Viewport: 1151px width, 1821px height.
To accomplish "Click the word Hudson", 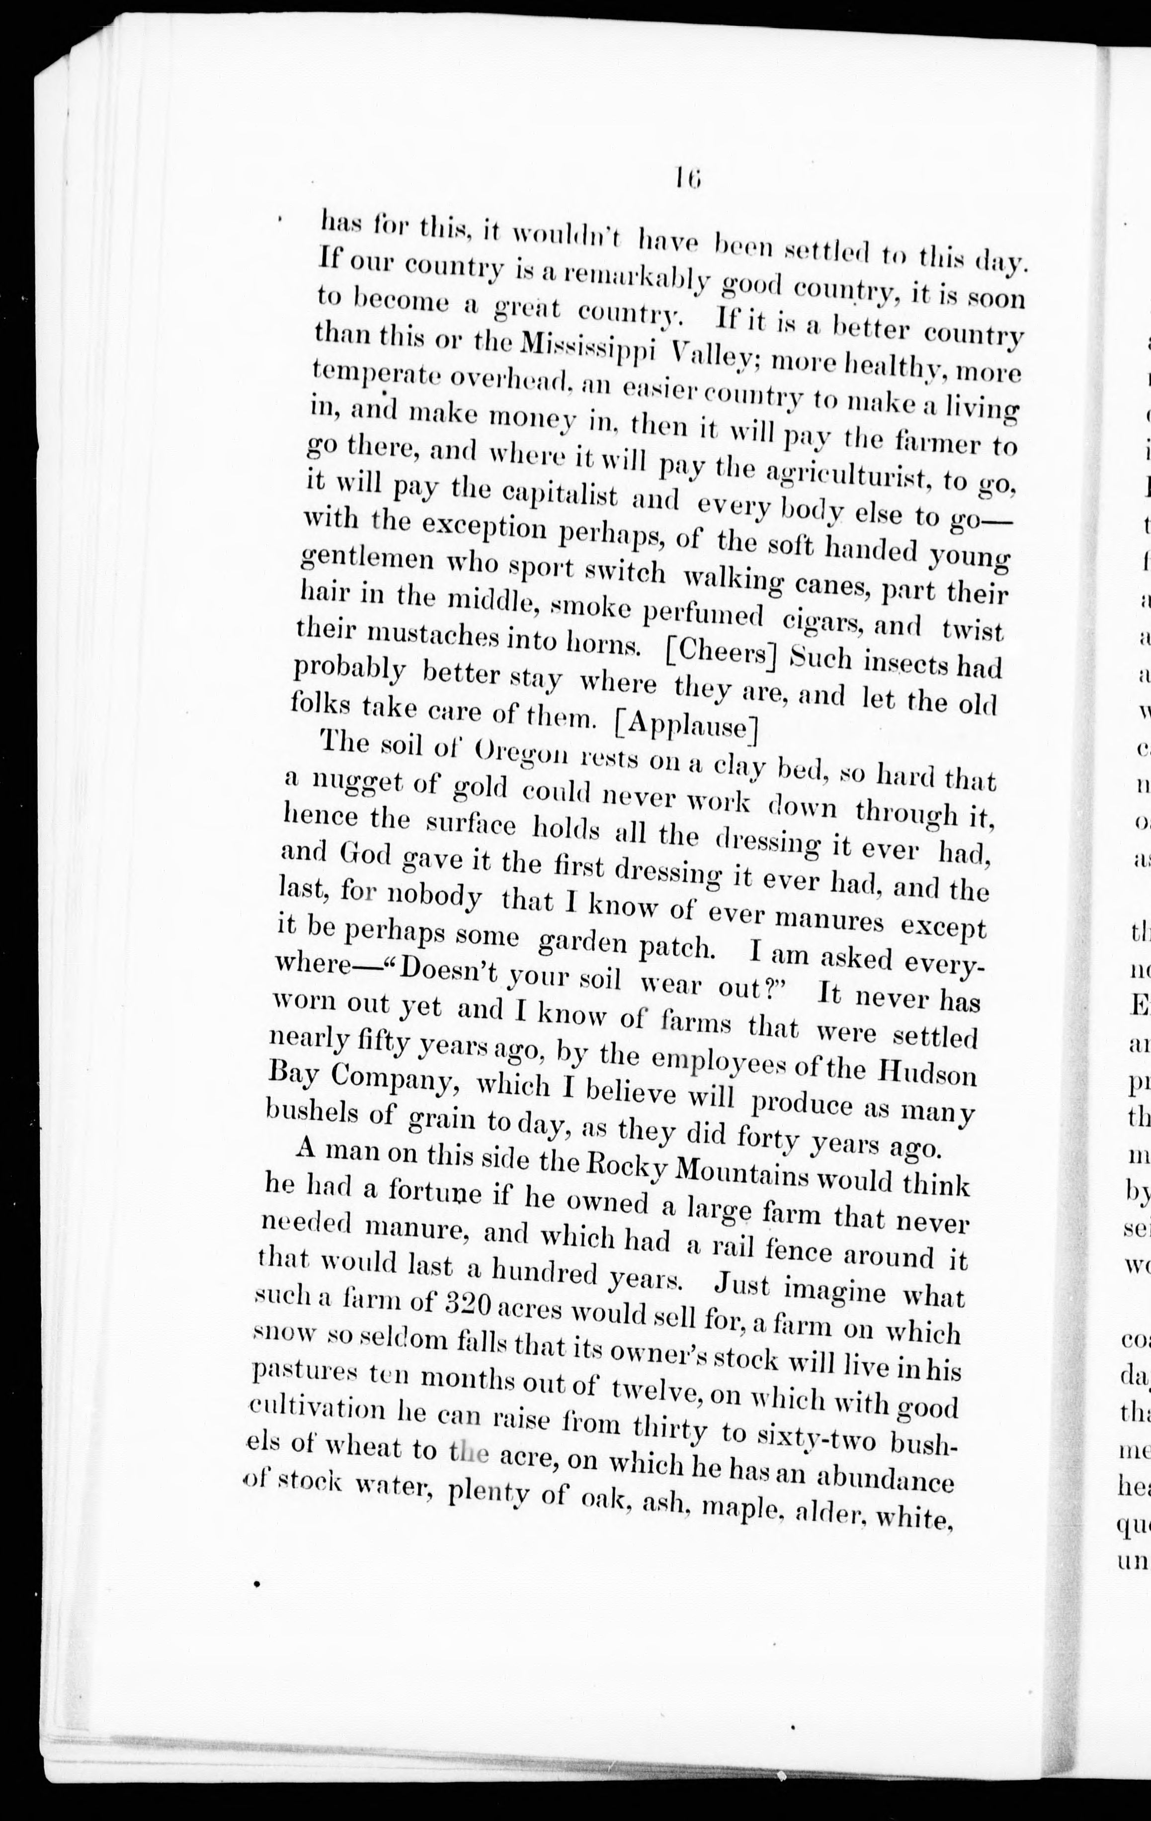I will coord(926,1073).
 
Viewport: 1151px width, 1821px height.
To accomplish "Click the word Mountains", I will coord(740,1174).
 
